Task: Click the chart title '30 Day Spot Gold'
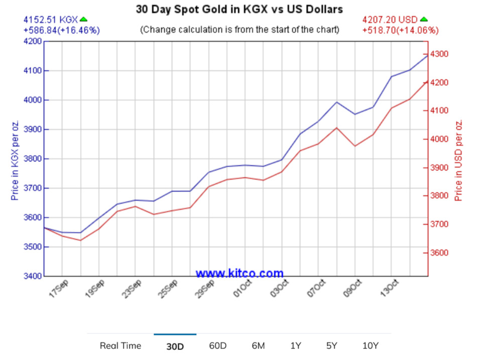click(239, 9)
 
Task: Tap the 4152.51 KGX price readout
click(51, 20)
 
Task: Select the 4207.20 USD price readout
click(390, 20)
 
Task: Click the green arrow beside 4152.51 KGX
click(84, 20)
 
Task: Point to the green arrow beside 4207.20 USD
click(424, 20)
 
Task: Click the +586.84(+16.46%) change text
click(61, 30)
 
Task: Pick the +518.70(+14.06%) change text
click(400, 30)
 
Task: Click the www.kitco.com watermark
click(239, 274)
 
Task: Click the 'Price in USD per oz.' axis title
click(458, 160)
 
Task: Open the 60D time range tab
click(218, 345)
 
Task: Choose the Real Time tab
click(121, 345)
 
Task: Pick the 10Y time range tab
click(371, 345)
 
